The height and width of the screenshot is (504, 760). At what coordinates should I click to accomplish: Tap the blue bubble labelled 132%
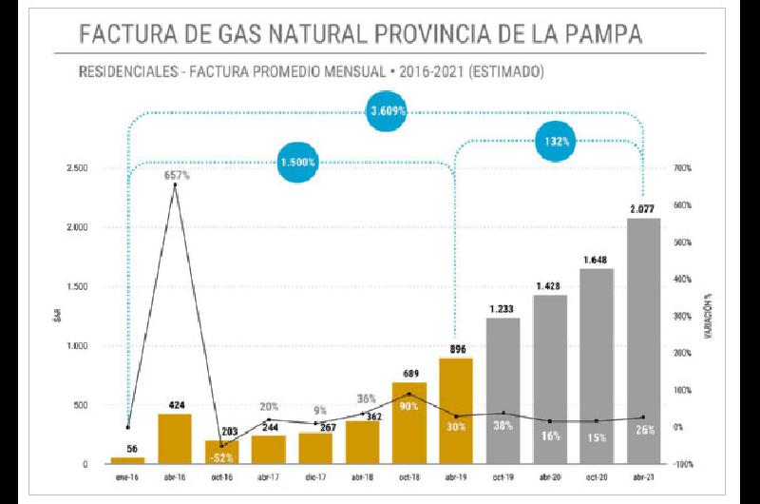[x=557, y=142]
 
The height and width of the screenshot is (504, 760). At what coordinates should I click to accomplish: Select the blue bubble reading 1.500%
[x=299, y=163]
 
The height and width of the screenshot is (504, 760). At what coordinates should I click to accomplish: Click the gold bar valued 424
[x=175, y=438]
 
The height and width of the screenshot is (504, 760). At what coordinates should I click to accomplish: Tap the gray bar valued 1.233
[x=503, y=391]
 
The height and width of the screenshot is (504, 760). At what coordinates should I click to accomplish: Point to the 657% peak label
[x=177, y=176]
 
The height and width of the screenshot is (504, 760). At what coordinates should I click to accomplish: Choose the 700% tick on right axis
[x=683, y=168]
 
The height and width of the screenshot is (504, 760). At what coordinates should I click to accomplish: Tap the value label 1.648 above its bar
[x=597, y=259]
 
